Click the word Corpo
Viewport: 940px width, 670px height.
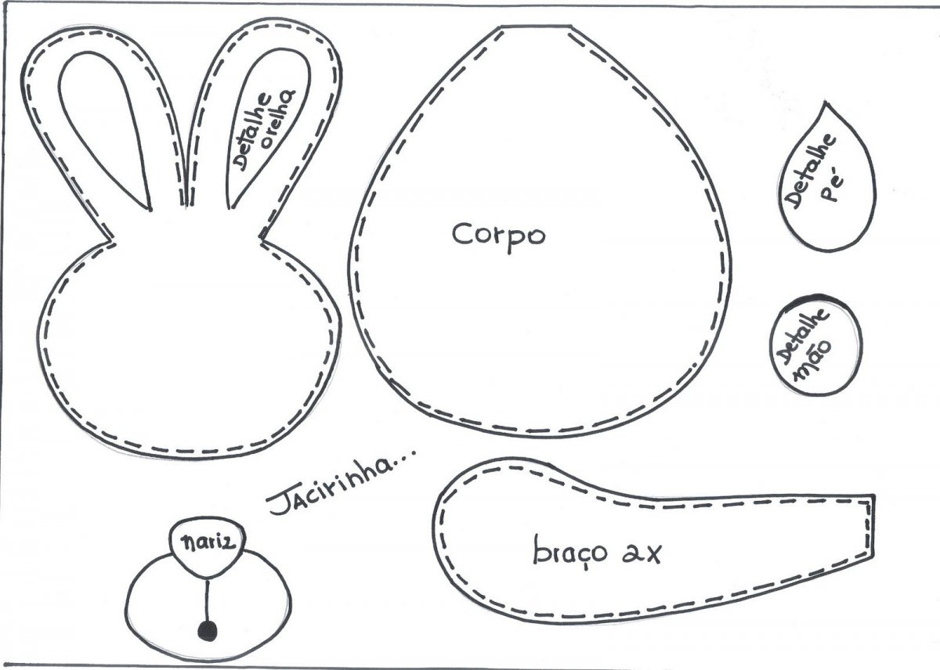(x=498, y=233)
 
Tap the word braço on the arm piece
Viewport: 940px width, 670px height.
(x=569, y=552)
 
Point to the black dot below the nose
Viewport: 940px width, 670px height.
(x=208, y=630)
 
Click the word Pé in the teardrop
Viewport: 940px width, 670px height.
(x=832, y=187)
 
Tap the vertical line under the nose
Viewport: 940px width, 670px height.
(x=208, y=599)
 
